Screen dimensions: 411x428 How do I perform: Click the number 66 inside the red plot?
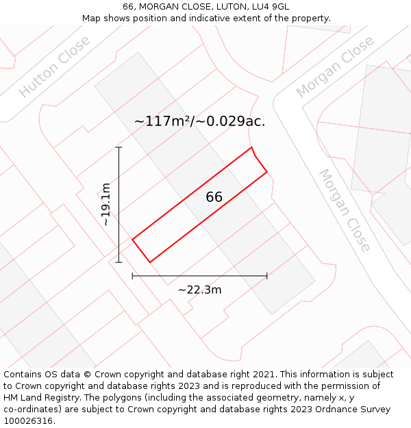coord(214,197)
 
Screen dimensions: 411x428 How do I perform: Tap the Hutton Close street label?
coord(54,66)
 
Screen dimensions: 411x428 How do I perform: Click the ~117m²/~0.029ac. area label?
coord(199,122)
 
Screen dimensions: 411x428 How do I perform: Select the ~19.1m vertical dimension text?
coord(105,205)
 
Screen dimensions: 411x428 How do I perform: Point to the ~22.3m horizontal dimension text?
coord(199,290)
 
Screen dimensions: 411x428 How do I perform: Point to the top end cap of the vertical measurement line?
coord(119,147)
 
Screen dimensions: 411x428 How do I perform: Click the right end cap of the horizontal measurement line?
coord(266,276)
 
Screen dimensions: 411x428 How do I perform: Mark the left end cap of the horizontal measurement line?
coord(132,276)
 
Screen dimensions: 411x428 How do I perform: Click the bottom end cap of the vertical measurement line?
coord(119,262)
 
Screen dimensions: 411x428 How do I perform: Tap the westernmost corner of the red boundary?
coord(132,239)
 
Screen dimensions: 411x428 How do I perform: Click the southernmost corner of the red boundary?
coord(149,262)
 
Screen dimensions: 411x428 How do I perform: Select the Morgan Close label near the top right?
coord(335,66)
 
